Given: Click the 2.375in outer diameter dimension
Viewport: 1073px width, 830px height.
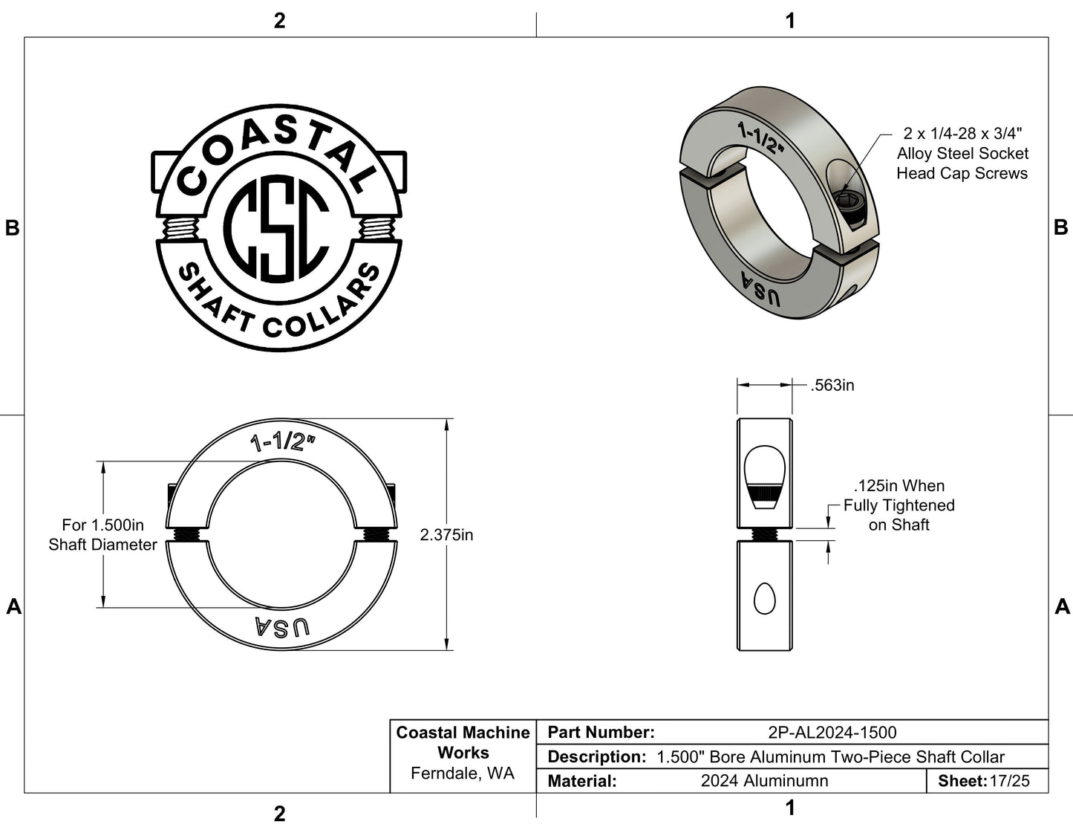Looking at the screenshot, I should [446, 535].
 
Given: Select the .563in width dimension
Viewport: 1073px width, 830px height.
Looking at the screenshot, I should [832, 386].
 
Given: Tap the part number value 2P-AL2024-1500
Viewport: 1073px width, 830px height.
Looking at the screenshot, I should [832, 733].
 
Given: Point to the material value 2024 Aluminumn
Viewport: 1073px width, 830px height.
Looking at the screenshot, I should [764, 781].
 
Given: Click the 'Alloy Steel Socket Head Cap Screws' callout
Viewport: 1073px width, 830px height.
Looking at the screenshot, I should [962, 154].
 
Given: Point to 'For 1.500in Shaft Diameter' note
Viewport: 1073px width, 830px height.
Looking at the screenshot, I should [102, 535].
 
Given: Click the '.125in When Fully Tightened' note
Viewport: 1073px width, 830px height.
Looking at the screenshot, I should [898, 505].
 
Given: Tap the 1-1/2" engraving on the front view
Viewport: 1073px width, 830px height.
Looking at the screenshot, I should [283, 443].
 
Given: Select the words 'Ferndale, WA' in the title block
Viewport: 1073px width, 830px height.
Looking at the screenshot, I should [463, 774].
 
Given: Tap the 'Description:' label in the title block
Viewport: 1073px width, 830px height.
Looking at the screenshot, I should [596, 757].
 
